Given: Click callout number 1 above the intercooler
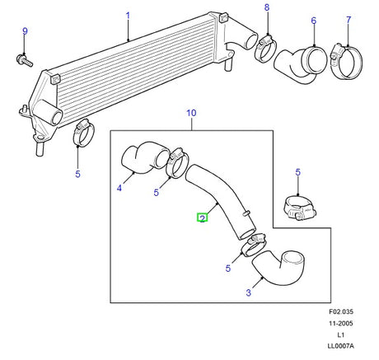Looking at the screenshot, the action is (128, 16).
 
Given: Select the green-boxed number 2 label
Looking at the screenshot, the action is (203, 218).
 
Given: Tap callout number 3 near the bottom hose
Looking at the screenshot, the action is (249, 292).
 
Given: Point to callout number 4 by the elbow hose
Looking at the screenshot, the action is (119, 188).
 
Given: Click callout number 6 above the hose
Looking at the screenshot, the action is (314, 21).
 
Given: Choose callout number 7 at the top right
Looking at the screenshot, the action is (349, 20).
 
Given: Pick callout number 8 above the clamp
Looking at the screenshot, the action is (267, 7).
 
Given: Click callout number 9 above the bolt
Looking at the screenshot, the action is (25, 31).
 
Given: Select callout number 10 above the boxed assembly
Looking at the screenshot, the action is (191, 113).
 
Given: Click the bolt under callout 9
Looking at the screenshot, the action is (25, 61).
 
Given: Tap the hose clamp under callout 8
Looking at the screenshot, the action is (265, 49).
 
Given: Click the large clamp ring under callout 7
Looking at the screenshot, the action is (347, 61).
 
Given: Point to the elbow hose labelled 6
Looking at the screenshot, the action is (301, 65).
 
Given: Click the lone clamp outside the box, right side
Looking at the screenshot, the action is (299, 208).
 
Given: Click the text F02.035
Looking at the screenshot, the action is (341, 311).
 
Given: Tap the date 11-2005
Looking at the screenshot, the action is (341, 323).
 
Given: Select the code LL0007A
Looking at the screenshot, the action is (341, 346).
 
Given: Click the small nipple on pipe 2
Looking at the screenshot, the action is (246, 213).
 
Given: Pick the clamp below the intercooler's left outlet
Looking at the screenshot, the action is (83, 133).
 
